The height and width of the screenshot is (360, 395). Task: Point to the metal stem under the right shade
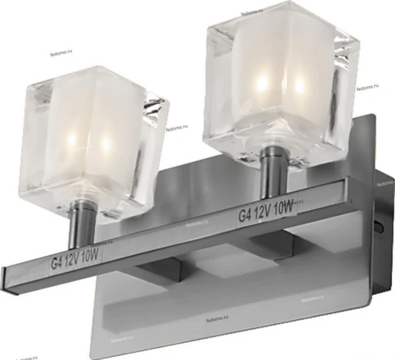pyautogui.click(x=272, y=177)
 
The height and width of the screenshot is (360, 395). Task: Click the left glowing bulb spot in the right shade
pyautogui.click(x=265, y=79)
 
